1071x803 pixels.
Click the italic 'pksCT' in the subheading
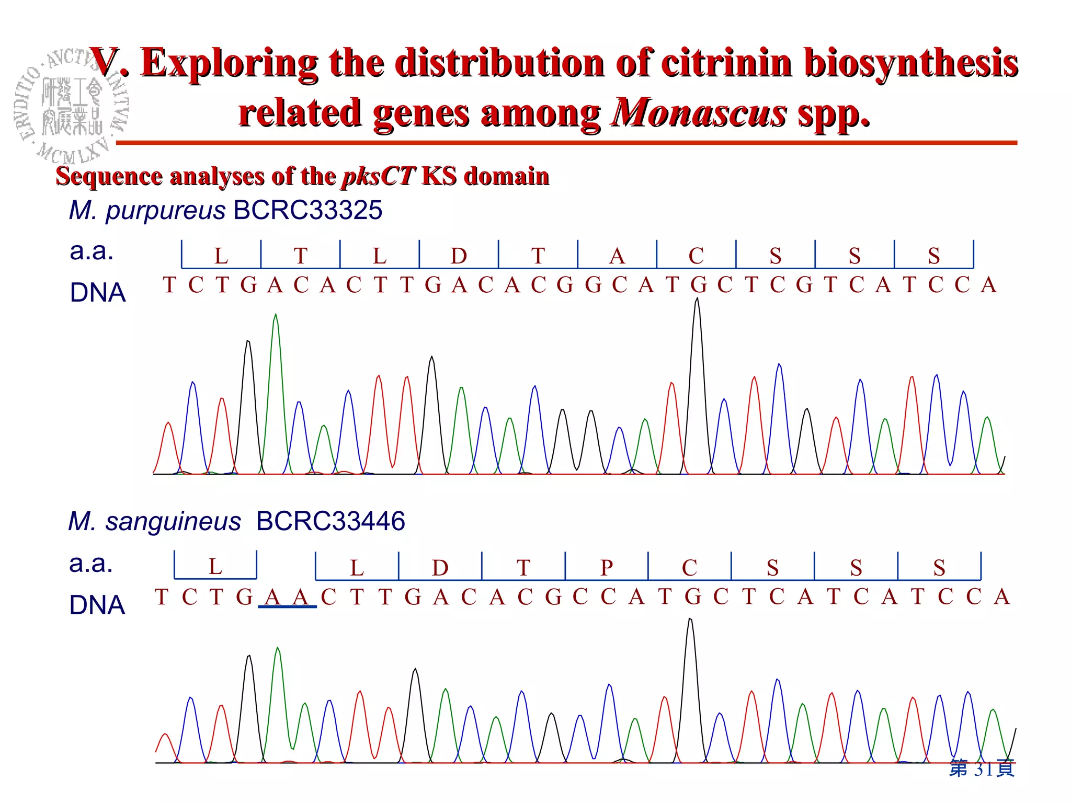tap(379, 176)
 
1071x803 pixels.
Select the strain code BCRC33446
tap(331, 521)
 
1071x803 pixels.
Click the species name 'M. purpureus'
tap(147, 211)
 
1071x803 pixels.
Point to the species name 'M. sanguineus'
tap(155, 521)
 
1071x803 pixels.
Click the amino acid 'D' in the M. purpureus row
tap(459, 256)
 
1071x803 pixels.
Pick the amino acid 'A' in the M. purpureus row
tap(617, 256)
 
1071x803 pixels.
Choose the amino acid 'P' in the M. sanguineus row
tap(607, 568)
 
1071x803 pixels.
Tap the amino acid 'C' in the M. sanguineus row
tap(689, 568)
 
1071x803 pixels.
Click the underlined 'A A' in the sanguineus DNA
tap(287, 597)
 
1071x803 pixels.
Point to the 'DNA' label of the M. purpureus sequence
tap(98, 292)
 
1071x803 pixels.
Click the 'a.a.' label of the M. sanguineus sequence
tap(91, 564)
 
